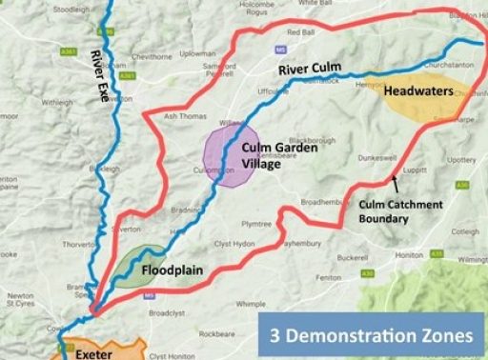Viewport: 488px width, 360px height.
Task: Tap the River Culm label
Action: (310, 70)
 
